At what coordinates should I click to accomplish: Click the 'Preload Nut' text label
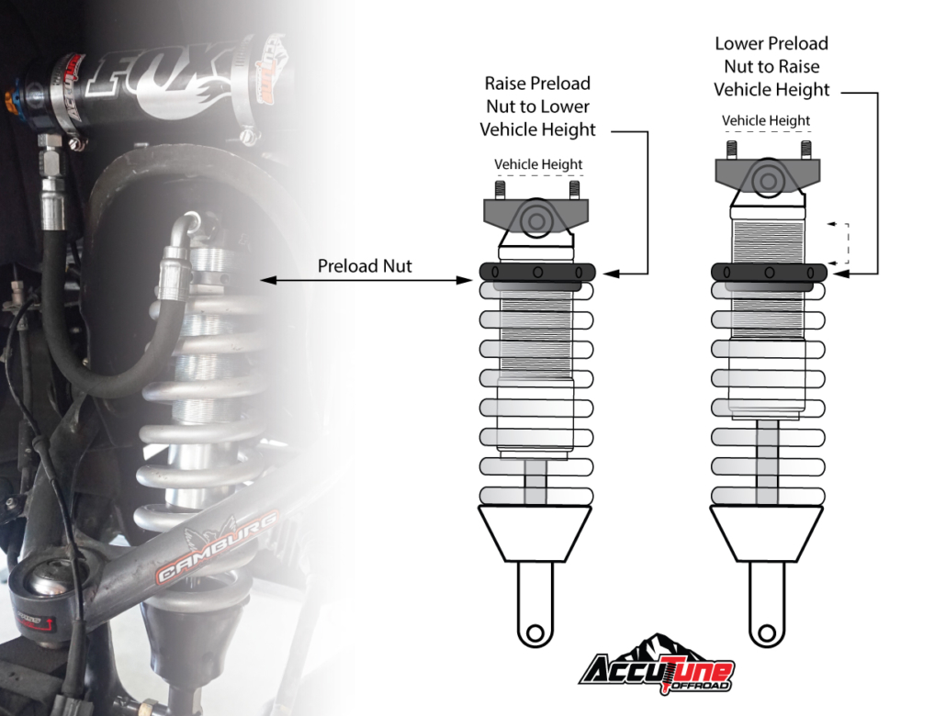365,266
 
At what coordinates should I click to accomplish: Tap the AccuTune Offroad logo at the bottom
657,665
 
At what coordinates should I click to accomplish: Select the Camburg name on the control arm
217,547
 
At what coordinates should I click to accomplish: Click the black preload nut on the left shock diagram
537,272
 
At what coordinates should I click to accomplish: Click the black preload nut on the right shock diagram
769,272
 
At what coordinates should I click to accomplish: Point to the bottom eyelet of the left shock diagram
535,633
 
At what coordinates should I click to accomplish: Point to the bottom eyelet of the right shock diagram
767,633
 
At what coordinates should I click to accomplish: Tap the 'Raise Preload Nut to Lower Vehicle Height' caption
537,106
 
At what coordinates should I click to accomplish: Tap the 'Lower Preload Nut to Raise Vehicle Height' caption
771,66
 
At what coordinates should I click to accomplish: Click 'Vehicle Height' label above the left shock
538,164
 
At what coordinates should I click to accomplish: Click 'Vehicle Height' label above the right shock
766,120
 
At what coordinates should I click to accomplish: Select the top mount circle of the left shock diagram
536,220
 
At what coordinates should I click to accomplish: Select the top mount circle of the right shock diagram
768,180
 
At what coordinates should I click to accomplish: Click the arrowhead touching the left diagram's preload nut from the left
465,280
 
